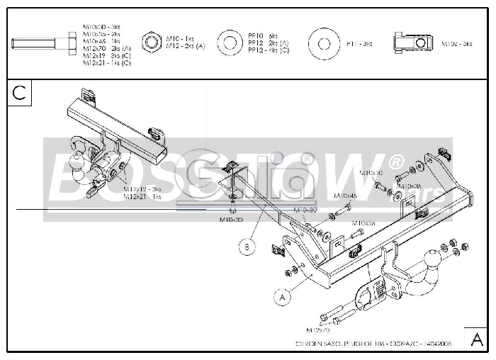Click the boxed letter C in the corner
(x=19, y=92)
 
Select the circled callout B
(x=247, y=247)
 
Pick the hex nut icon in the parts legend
(x=152, y=44)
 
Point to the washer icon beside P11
(x=324, y=44)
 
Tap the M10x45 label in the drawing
(x=345, y=196)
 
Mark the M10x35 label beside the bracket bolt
(x=362, y=223)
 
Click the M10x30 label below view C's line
(x=232, y=220)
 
